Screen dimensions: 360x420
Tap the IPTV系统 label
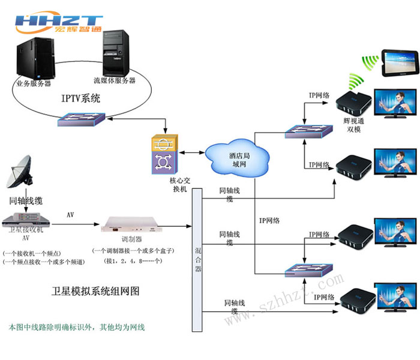coord(80,97)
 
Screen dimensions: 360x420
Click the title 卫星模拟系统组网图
coord(96,291)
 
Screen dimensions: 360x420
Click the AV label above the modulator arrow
coord(70,214)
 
